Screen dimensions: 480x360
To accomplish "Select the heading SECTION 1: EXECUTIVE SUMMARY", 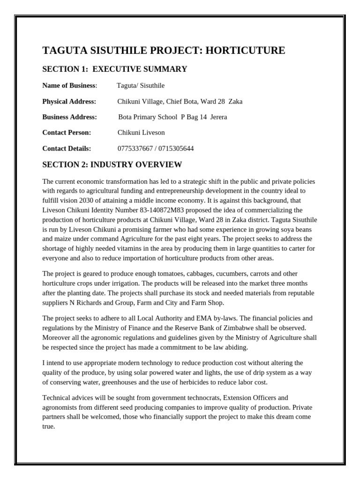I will click(x=114, y=69).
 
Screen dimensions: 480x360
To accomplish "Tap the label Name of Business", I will click(x=69, y=85).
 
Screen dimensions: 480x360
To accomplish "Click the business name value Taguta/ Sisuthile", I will click(x=141, y=85).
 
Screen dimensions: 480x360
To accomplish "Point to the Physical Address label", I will click(x=69, y=101).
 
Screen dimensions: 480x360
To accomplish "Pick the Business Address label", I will click(x=69, y=117).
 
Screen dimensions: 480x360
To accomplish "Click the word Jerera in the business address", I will click(x=218, y=117).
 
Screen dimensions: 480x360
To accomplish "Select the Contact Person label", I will click(x=67, y=133).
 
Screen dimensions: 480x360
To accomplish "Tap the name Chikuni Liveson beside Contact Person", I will click(x=141, y=133).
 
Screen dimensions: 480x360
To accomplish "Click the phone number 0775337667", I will click(x=134, y=149).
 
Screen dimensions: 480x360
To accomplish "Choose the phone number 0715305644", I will click(x=176, y=149).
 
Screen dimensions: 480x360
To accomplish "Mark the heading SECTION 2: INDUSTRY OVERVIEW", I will click(x=112, y=165).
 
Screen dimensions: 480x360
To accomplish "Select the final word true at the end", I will click(x=48, y=427).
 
